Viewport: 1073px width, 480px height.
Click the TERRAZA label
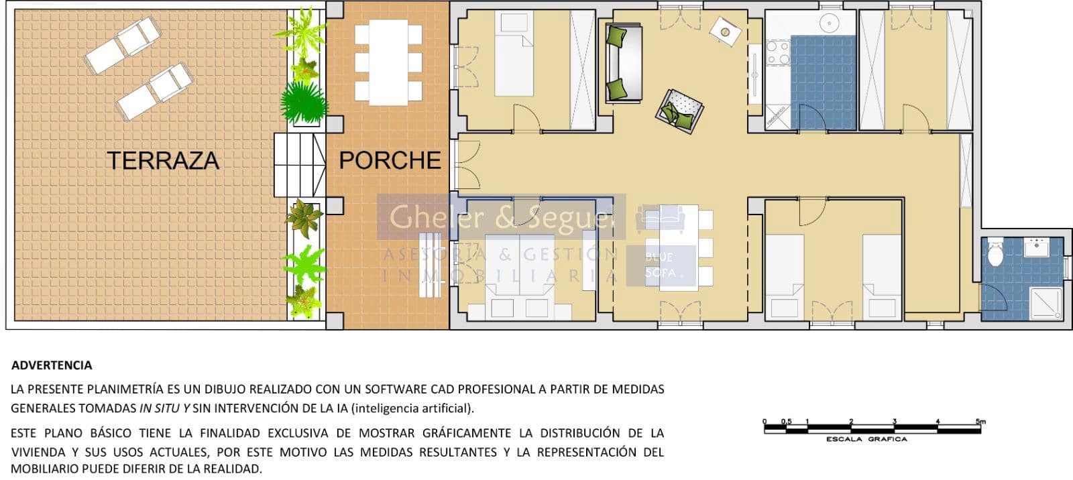163,161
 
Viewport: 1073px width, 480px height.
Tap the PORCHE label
390,160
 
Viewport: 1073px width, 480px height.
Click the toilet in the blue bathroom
995,253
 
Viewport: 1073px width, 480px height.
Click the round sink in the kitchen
830,23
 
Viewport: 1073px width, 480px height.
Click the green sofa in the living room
623,62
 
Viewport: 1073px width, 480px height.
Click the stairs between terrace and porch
299,165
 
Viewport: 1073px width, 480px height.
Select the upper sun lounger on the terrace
122,45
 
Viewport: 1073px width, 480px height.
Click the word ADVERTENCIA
52,365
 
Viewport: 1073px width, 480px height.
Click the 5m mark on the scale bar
980,422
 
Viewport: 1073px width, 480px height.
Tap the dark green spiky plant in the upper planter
303,103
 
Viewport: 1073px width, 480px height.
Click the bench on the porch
431,265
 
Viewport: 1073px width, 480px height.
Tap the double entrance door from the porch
466,164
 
